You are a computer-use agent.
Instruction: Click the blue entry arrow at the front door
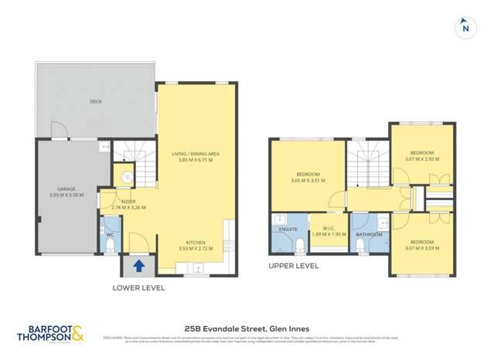click(x=139, y=266)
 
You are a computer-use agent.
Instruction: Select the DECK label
click(x=96, y=101)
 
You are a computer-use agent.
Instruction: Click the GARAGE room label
click(x=66, y=188)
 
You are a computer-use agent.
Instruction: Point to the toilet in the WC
click(x=110, y=245)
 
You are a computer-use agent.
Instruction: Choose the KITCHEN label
click(x=196, y=243)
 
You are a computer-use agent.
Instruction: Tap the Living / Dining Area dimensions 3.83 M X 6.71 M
click(x=196, y=160)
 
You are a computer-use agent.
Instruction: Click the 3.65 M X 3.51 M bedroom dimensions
click(x=308, y=181)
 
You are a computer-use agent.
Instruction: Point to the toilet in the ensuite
click(x=298, y=246)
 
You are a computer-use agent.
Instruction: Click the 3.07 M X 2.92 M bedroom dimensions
click(x=421, y=159)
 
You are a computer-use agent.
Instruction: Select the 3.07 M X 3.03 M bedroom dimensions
click(x=421, y=248)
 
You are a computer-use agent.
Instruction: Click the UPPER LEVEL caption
click(x=293, y=266)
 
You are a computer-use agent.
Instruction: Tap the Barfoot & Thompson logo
click(x=50, y=335)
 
